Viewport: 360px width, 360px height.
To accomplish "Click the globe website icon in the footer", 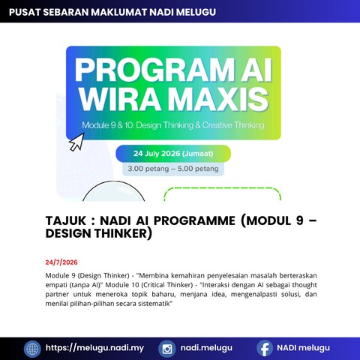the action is tap(32, 349).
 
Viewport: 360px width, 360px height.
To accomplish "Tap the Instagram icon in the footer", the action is tap(167, 349).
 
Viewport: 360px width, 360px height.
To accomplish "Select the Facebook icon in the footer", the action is tap(265, 348).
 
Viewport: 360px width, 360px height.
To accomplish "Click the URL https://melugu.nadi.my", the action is tap(94, 348).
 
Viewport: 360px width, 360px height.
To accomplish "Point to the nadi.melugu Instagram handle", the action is tap(206, 348).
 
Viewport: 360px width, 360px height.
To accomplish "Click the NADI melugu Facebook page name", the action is tap(303, 348).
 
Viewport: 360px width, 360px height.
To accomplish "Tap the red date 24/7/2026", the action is tap(61, 262).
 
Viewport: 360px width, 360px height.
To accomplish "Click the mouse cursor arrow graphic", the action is tap(76, 142).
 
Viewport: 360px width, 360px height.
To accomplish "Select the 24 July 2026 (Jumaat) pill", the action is tap(173, 154).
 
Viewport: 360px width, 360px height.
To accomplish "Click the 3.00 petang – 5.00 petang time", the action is tap(173, 169).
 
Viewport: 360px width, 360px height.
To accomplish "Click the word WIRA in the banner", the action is tap(119, 99).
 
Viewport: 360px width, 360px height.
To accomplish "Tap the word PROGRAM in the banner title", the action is tap(154, 70).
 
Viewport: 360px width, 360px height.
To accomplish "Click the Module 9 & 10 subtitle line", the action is tap(173, 125).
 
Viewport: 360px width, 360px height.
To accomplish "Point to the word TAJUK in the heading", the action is tap(66, 220).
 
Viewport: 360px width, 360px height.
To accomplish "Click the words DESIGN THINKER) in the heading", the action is tap(99, 233).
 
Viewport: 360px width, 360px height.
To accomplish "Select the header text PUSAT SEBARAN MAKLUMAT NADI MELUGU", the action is tap(112, 12).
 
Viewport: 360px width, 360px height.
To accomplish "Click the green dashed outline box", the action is tap(222, 188).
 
